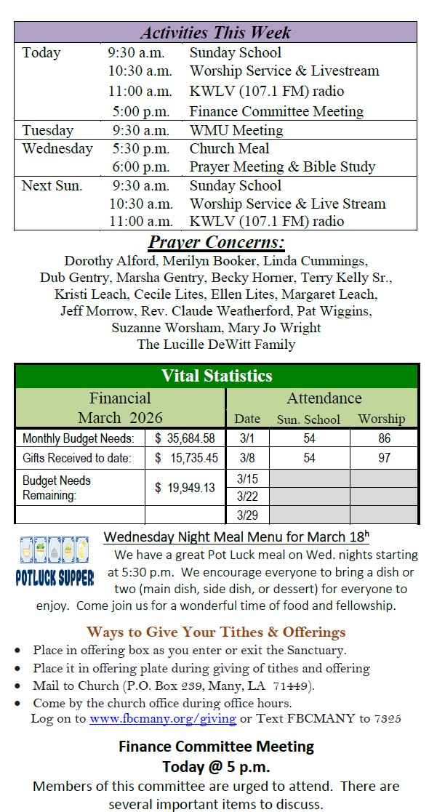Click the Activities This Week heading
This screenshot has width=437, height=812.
215,33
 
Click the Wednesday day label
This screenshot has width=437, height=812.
57,148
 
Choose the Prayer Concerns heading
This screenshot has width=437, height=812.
216,243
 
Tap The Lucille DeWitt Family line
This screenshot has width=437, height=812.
216,345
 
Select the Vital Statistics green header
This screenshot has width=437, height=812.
216,376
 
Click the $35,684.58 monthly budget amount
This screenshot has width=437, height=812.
185,438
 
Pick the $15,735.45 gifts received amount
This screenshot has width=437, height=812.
185,458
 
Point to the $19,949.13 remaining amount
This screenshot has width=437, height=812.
185,488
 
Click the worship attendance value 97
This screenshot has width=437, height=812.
384,458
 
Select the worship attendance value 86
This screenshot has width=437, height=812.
384,438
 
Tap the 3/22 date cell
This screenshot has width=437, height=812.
247,497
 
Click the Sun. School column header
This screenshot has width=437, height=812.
308,419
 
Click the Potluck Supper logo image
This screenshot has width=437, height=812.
55,561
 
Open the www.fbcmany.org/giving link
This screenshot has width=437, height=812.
163,719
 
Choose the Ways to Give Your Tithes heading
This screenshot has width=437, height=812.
216,632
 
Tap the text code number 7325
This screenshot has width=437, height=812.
390,719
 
